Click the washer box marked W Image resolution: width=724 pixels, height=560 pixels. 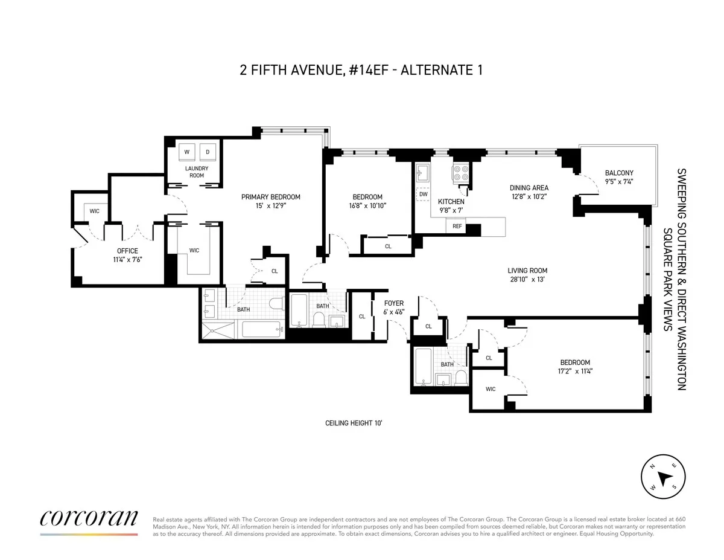coord(187,152)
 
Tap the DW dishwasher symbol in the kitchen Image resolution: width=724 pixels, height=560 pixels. coord(423,195)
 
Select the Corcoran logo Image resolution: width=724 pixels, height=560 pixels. coord(89,519)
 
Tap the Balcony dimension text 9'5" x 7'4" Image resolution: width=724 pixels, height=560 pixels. coord(619,182)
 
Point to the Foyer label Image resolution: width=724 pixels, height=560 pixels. coord(394,303)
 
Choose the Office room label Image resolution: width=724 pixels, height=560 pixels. coord(127,251)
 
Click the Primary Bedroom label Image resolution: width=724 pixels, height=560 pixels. coord(270,197)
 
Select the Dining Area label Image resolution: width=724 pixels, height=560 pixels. coord(529,188)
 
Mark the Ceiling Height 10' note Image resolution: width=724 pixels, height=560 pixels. coord(354,423)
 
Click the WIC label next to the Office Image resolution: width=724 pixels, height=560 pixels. coord(95,211)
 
